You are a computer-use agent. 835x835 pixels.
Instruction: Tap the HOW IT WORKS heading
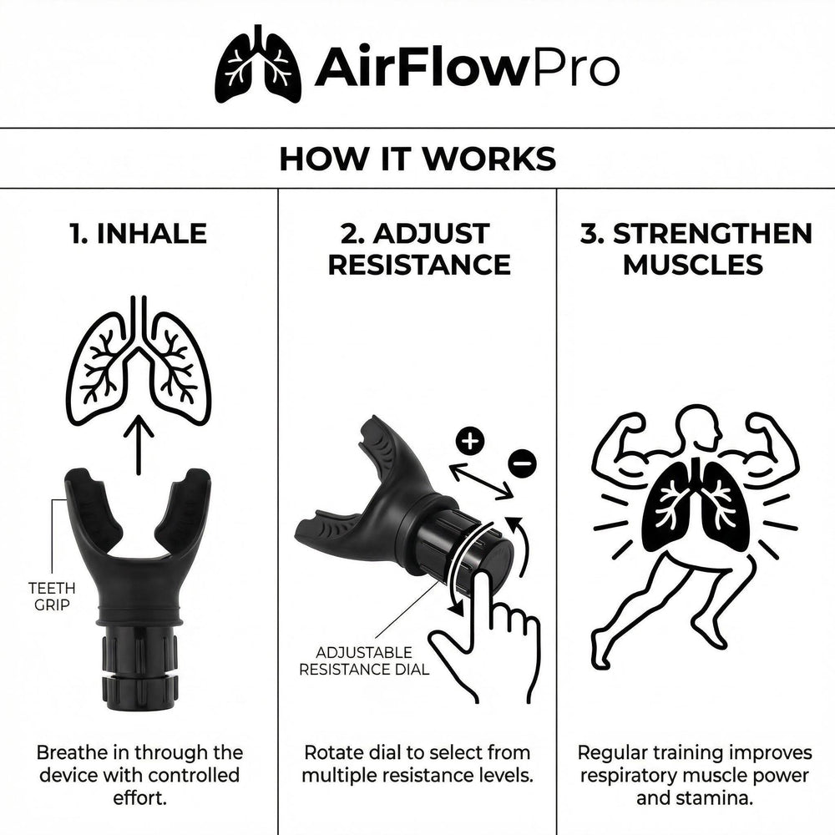417,159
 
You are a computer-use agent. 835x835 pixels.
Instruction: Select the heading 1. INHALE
139,234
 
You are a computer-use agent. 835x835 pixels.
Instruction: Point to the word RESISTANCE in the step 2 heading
418,265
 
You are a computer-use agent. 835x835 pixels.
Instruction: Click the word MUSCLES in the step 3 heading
693,265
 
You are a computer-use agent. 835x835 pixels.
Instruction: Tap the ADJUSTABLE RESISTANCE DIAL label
364,660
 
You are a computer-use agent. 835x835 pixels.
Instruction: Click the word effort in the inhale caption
139,797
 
